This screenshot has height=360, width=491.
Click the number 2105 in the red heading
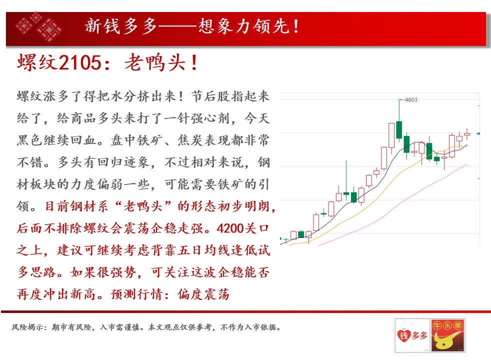point(80,62)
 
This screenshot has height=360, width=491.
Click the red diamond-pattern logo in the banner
point(39,26)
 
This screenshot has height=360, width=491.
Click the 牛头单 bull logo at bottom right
point(447,335)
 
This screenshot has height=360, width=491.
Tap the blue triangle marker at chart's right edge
point(478,133)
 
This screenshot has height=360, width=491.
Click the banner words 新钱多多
point(120,26)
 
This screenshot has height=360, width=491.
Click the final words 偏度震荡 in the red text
point(203,294)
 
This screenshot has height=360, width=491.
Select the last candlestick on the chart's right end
point(467,134)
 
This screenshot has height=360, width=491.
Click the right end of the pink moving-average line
point(467,164)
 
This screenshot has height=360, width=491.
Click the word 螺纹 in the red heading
point(37,62)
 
